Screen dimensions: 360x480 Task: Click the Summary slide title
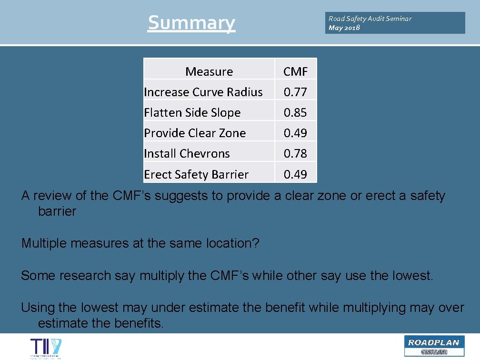tap(191, 22)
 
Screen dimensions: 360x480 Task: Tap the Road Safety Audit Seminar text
tap(370, 19)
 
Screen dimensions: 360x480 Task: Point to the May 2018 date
tap(344, 28)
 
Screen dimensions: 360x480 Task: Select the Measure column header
tap(209, 71)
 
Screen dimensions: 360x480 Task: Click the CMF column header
tap(295, 71)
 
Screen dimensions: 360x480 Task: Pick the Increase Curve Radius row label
tap(203, 92)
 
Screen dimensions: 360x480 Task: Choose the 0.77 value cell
tap(295, 92)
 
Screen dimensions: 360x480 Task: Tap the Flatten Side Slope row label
tap(192, 112)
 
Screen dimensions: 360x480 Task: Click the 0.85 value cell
tap(295, 112)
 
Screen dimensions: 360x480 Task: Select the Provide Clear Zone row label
tap(195, 133)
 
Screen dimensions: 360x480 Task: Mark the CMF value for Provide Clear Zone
tap(295, 133)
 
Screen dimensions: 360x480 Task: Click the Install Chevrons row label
tap(187, 153)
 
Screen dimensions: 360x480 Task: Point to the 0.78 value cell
tap(295, 153)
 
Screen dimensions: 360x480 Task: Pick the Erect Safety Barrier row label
tap(196, 174)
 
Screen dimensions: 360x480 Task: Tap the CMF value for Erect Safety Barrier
tap(295, 174)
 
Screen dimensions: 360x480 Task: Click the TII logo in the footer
tap(46, 348)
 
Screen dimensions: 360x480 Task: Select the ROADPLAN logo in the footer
tap(433, 346)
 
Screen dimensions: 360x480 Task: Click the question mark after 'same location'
tap(256, 243)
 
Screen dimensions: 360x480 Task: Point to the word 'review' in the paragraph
tap(52, 196)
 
